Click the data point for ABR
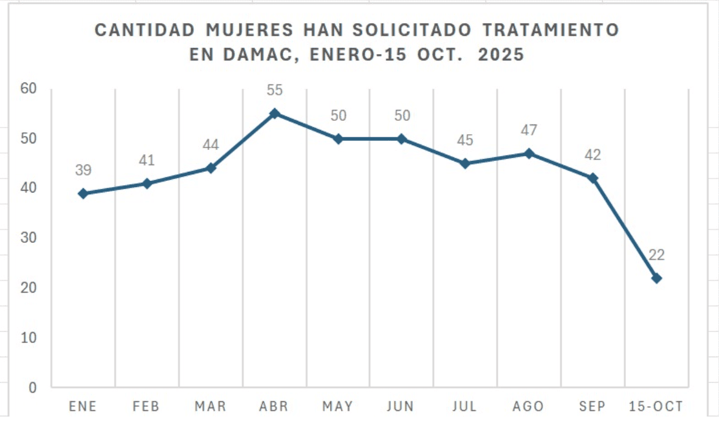coord(274,114)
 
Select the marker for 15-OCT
coord(656,278)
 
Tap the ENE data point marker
coord(83,194)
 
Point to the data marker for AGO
coord(529,154)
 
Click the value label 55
coord(275,90)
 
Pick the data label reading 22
coord(656,255)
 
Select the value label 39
coord(83,171)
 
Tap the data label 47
coord(529,131)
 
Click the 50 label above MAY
coord(338,115)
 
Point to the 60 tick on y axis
coord(29,89)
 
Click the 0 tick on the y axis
coord(33,387)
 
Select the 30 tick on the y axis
coord(29,238)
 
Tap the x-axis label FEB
coord(146,406)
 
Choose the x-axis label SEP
coord(593,406)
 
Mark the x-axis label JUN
coord(401,406)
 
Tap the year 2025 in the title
coord(501,55)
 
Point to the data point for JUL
coord(465,163)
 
